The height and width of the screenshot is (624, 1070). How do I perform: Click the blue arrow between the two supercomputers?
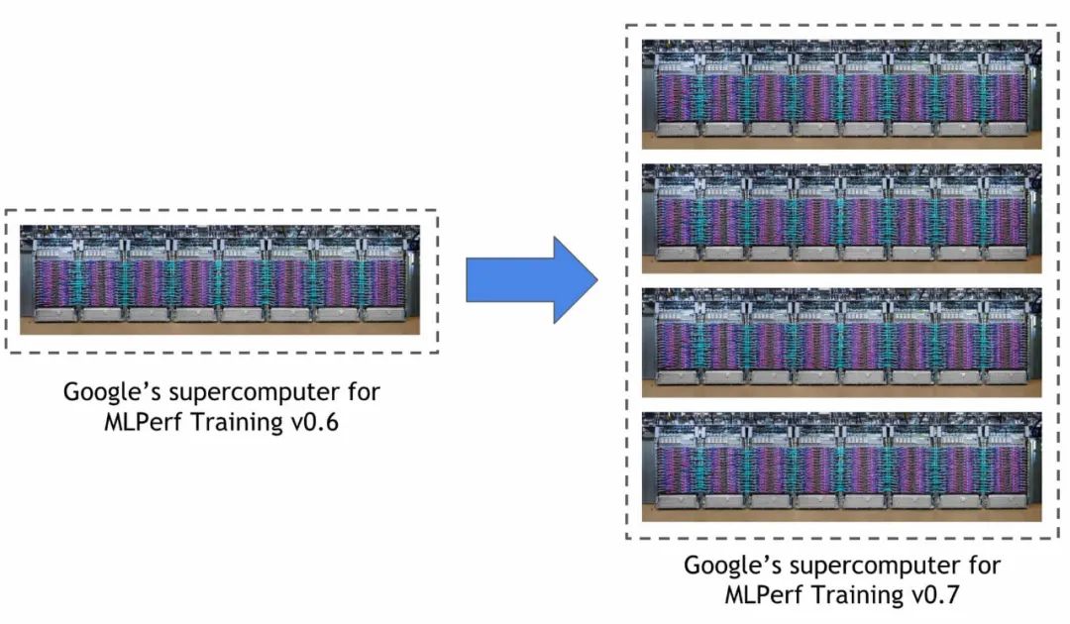click(525, 280)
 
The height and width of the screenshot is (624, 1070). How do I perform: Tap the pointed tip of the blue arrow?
click(597, 280)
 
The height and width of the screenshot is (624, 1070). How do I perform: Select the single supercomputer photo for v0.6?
click(220, 279)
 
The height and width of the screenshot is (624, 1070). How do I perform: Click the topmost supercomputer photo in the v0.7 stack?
click(841, 93)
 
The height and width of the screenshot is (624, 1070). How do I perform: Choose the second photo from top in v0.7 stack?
click(841, 218)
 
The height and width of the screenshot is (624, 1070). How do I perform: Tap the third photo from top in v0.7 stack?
click(841, 342)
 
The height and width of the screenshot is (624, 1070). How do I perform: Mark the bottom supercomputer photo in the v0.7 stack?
click(841, 466)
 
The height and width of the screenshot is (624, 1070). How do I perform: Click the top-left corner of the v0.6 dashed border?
click(7, 211)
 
